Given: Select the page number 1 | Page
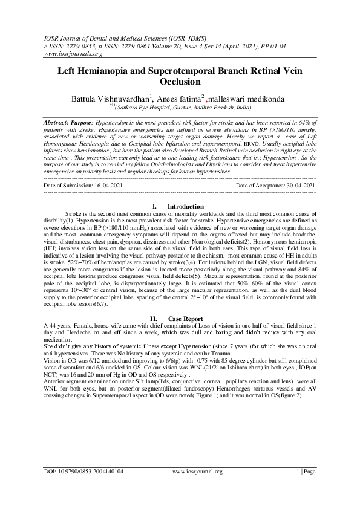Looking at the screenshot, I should tap(305, 488).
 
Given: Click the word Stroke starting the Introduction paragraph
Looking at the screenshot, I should tap(74, 215).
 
